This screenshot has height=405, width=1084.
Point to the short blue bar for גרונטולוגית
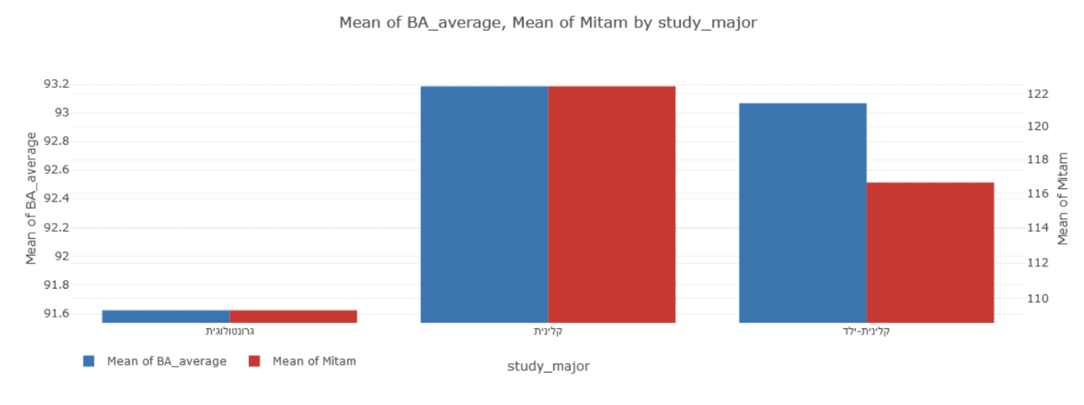click(166, 316)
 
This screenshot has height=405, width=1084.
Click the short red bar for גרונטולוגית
click(293, 316)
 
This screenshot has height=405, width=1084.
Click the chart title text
click(548, 22)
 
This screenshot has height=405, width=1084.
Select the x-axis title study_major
click(548, 366)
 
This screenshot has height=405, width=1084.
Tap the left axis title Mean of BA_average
click(32, 198)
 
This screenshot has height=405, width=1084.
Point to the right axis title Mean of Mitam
click(1063, 198)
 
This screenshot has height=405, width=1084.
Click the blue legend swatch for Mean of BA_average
click(88, 361)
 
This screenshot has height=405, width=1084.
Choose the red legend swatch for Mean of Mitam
click(254, 361)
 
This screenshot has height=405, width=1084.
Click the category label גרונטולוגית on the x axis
click(229, 331)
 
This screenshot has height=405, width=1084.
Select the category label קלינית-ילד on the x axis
click(867, 331)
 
